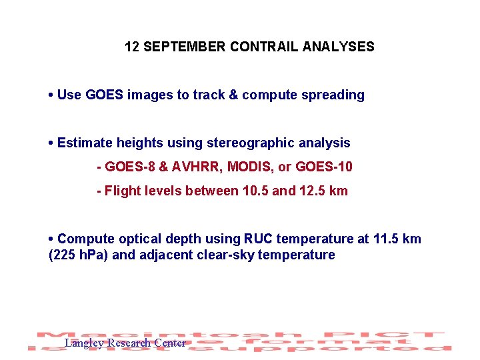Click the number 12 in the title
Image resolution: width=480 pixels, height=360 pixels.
131,47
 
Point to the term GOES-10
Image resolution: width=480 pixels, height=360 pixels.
324,167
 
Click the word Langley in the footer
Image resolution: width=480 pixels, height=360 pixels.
84,343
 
